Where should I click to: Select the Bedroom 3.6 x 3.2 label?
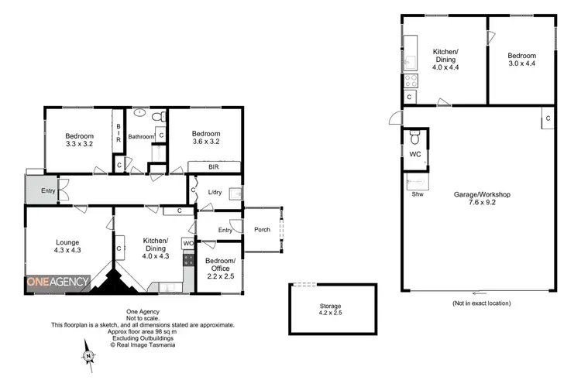206,137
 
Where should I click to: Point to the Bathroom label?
141,137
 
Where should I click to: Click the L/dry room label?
216,193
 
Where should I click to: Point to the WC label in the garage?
414,155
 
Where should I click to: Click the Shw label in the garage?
418,193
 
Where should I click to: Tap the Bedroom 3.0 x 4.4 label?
521,60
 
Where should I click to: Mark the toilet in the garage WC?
415,138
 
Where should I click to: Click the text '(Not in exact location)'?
481,303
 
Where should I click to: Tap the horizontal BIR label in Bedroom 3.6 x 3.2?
213,166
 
